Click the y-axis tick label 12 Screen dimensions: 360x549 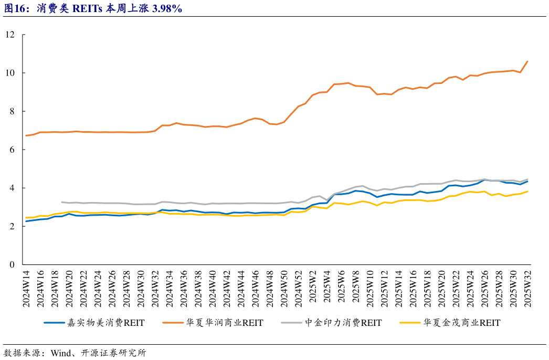coord(10,35)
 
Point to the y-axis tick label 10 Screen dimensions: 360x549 coord(10,73)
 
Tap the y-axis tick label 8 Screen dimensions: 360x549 coord(12,111)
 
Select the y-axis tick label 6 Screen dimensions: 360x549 coord(12,150)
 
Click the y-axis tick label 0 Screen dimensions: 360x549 coord(12,264)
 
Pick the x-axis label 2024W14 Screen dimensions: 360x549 coord(27,290)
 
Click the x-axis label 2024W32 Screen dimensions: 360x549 coord(155,290)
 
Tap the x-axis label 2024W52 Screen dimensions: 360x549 coord(298,290)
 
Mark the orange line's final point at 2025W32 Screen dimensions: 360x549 coord(527,61)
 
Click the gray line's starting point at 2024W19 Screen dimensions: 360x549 coord(62,202)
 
